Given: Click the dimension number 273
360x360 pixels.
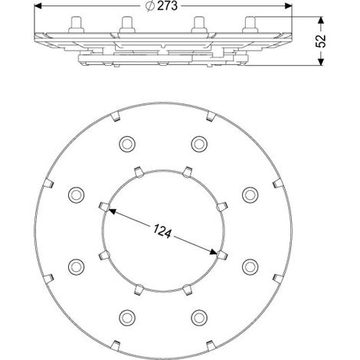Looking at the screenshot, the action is (x=167, y=6).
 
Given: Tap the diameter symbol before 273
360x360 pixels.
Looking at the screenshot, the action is (x=150, y=6).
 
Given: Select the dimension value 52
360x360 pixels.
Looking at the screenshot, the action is (x=321, y=41).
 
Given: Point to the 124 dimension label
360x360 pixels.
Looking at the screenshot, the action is (x=162, y=232).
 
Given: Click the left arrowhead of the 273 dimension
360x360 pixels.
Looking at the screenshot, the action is (x=38, y=6).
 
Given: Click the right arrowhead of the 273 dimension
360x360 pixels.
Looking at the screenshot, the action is (x=288, y=6).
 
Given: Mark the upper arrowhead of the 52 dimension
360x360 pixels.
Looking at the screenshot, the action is (x=321, y=21).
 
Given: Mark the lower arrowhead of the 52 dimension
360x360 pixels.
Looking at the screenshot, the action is (x=321, y=62).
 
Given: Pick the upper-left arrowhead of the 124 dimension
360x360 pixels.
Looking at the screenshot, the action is (x=112, y=211).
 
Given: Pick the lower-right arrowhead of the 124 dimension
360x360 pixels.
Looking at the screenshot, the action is (x=214, y=252).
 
